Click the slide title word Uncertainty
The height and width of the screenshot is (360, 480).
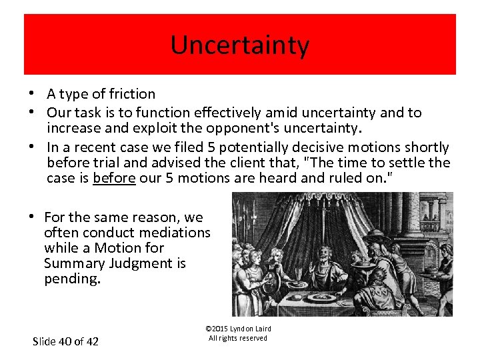click(x=240, y=45)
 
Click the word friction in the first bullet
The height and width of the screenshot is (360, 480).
click(x=133, y=94)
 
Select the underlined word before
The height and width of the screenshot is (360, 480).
click(x=114, y=179)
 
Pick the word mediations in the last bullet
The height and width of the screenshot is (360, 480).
click(x=175, y=233)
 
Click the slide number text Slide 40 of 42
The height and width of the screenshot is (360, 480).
click(x=65, y=341)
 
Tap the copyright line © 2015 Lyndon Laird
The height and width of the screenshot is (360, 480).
click(x=238, y=329)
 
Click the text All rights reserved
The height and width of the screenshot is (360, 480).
click(x=238, y=338)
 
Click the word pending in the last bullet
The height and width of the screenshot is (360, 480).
click(x=71, y=279)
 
